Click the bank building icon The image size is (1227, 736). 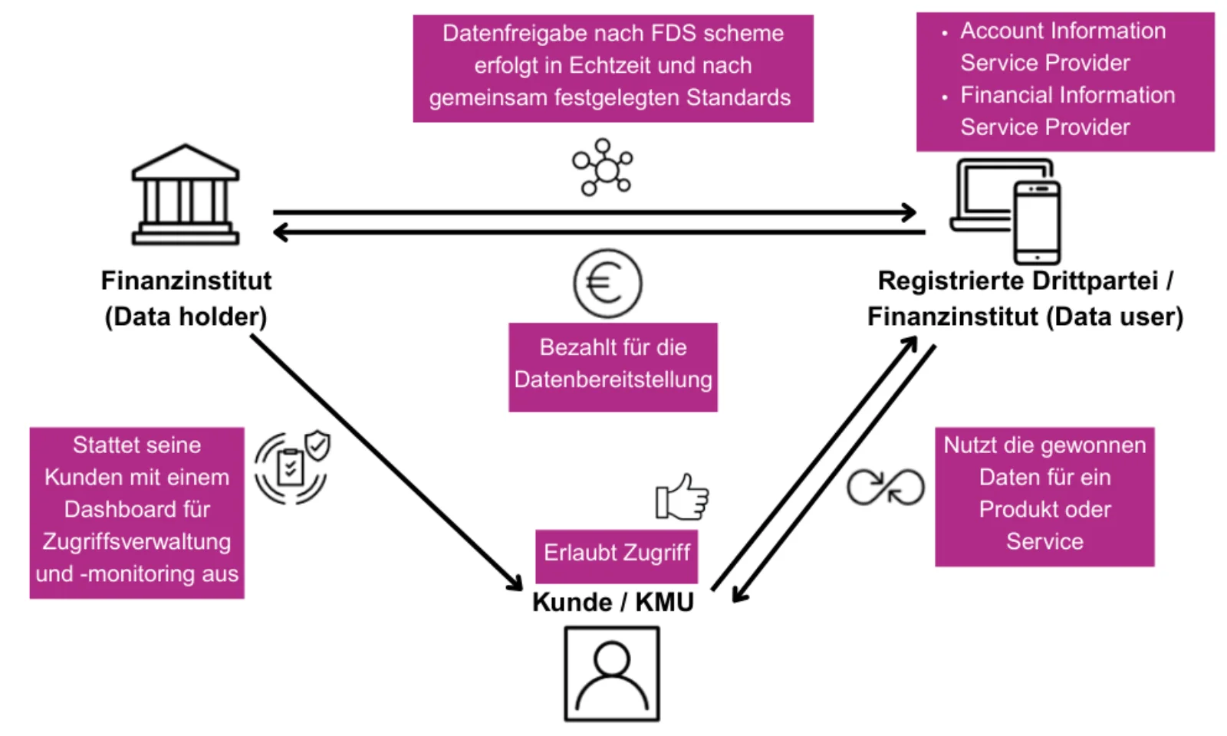(x=186, y=195)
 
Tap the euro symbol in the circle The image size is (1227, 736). (x=607, y=284)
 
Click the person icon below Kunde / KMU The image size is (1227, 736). (x=611, y=674)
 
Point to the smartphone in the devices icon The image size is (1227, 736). (x=1037, y=222)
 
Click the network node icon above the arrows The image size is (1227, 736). (x=604, y=167)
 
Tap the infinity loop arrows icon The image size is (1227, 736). (x=885, y=487)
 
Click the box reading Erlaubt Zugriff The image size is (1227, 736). (x=617, y=554)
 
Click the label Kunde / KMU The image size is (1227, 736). (x=613, y=603)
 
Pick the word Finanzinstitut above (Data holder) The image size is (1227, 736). (x=186, y=281)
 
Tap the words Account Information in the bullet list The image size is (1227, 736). (x=1062, y=31)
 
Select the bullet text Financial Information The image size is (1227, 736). (x=1067, y=95)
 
